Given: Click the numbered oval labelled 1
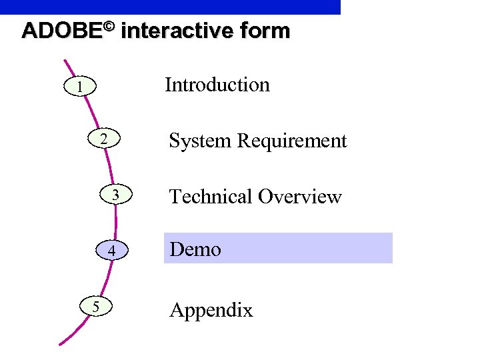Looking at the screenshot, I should click(79, 87).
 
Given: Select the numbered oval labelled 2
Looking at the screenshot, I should click(103, 139).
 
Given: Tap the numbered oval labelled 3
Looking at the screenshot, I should click(115, 195).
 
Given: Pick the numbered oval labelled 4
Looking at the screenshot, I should click(113, 251).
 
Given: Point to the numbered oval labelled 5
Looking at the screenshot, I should click(96, 307).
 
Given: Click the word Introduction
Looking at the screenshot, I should click(217, 85).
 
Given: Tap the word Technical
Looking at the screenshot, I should click(211, 197).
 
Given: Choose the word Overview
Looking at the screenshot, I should click(300, 197).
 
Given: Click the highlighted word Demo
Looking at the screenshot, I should click(195, 249).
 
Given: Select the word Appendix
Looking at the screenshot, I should click(211, 310).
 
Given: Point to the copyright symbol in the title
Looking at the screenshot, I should click(110, 27).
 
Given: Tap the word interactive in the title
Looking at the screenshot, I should click(178, 31).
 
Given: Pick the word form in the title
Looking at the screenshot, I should click(266, 31).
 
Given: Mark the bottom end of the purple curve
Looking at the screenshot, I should click(61, 343).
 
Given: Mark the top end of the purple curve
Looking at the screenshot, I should click(65, 61).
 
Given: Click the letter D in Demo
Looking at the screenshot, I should click(177, 249).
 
